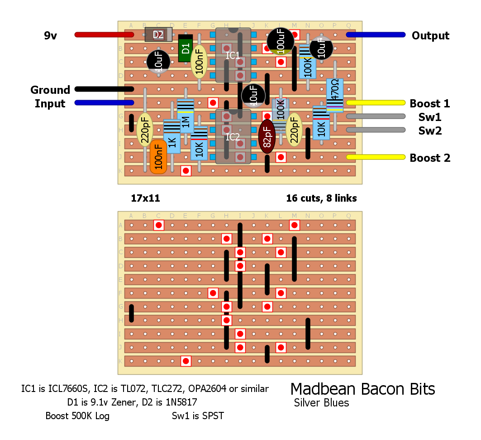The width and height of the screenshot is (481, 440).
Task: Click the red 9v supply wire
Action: point(104,34)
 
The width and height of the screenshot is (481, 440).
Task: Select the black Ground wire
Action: point(104,89)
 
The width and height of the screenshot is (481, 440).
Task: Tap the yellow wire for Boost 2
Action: point(376,157)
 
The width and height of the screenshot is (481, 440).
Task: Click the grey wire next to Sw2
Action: point(376,130)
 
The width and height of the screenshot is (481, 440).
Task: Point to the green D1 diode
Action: point(186,48)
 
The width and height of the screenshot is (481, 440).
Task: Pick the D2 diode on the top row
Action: point(158,34)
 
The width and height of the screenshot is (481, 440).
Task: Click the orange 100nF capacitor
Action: point(158,156)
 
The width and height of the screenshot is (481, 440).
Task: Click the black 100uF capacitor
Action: point(281,42)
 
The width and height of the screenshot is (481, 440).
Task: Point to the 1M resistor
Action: point(186,116)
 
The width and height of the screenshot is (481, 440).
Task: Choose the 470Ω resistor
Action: point(335,95)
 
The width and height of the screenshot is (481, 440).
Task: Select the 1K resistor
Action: point(172,136)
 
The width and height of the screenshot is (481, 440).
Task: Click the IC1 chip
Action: point(233,55)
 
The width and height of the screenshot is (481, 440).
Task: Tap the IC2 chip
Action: point(233,136)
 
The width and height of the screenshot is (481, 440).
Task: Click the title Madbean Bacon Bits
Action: point(362,389)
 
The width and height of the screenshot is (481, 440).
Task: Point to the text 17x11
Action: point(145,198)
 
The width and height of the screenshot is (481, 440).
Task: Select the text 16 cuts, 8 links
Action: point(321,198)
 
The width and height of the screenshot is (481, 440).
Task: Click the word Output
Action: point(430,36)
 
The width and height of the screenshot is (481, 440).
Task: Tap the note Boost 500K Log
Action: point(77,416)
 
